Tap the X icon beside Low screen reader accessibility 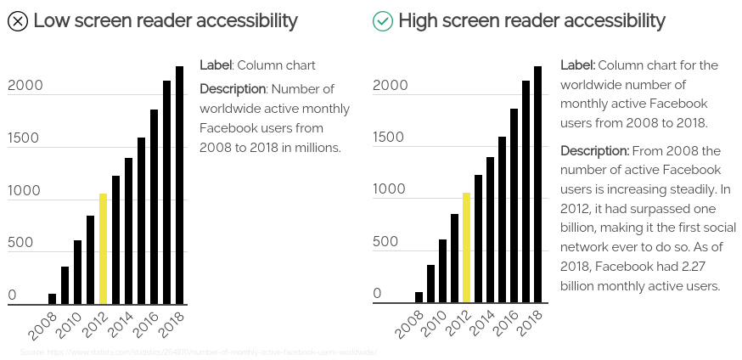click(x=17, y=21)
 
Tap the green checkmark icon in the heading click(x=383, y=21)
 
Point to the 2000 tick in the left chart click(x=25, y=86)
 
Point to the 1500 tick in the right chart click(x=390, y=138)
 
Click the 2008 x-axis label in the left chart click(x=42, y=324)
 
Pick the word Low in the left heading click(x=52, y=20)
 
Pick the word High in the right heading click(x=419, y=20)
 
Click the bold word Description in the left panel click(x=233, y=88)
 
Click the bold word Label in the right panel click(x=577, y=65)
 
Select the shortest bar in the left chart click(x=52, y=299)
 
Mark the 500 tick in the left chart click(x=20, y=243)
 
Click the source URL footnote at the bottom click(x=198, y=352)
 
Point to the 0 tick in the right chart click(x=378, y=294)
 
